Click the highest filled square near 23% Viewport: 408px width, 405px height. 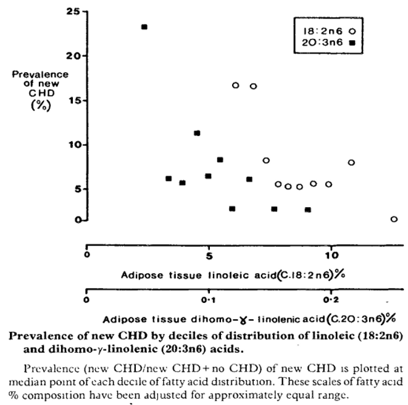click(144, 27)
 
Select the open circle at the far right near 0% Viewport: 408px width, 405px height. click(394, 219)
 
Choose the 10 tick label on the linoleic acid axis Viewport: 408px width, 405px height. click(331, 255)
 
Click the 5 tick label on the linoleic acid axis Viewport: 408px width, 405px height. click(209, 255)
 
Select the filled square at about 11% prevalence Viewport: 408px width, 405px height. click(197, 133)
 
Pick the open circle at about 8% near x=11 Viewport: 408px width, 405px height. click(351, 162)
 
